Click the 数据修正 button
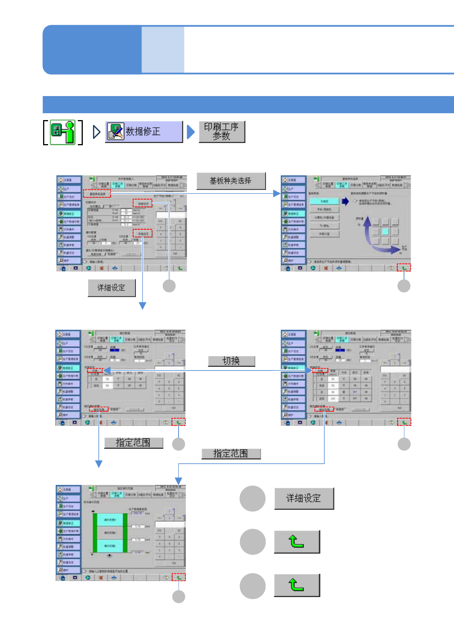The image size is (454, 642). pos(144,132)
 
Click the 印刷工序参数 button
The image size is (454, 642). pos(222,132)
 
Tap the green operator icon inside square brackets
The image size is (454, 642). pos(63,132)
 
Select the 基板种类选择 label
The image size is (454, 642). pos(231,181)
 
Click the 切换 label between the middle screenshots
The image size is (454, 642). pos(231,361)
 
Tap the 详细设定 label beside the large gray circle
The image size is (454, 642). pos(304,498)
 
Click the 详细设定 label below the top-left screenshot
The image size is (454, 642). pos(111,288)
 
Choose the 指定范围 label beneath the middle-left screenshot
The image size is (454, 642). pos(133,443)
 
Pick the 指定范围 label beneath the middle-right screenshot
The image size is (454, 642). pos(231,453)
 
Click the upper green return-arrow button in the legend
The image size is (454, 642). pos(296,542)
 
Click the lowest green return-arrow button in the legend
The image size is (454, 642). pos(296,585)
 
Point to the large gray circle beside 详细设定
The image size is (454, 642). pos(253,498)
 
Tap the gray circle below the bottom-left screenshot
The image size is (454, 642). pos(179,597)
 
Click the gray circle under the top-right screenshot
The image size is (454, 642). pos(404,286)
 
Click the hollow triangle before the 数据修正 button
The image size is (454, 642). pos(97,132)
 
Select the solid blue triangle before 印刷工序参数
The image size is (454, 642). pos(191,132)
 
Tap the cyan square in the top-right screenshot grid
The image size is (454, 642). pos(385,231)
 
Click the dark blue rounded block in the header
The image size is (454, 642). pos(92,50)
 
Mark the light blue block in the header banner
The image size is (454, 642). pos(163,50)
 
